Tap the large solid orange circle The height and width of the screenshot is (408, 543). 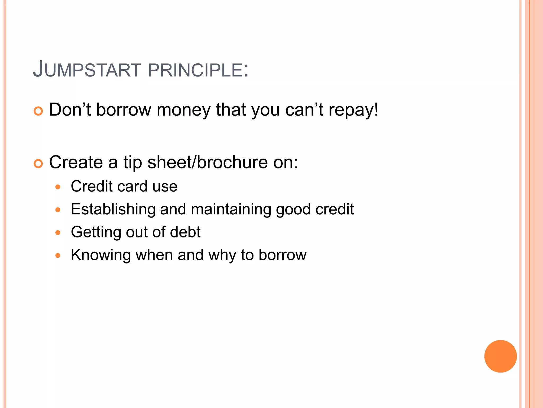[x=500, y=356]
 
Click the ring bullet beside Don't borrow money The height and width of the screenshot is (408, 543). [x=38, y=111]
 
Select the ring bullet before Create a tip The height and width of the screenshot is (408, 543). [x=38, y=164]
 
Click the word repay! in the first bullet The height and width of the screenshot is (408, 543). [x=353, y=110]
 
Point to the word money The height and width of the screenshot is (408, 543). [x=183, y=110]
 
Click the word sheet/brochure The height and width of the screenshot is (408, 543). [x=207, y=162]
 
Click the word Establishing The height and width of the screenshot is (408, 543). [x=113, y=209]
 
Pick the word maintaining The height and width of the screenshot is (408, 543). [x=231, y=209]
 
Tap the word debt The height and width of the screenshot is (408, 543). [x=185, y=232]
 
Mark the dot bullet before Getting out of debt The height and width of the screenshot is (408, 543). [x=58, y=233]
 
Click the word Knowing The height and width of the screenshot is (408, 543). [x=101, y=255]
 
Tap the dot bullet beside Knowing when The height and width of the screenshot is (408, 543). [x=58, y=256]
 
